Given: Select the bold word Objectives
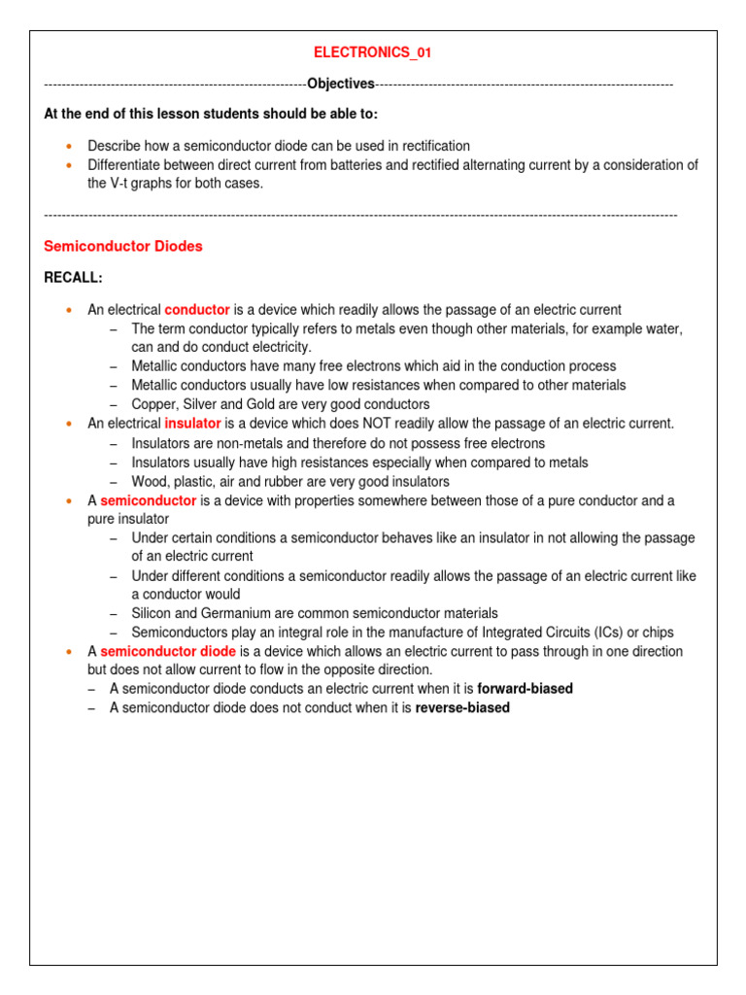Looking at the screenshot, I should point(340,85).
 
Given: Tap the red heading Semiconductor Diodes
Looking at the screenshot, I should point(123,247).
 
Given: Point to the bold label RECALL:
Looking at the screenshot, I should point(73,278).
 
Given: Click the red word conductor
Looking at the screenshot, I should point(197,310).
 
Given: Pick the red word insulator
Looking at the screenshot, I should point(192,424).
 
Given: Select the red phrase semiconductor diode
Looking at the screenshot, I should point(168,651).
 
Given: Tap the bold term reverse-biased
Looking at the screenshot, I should point(462,708).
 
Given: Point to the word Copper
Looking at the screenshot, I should point(153,404).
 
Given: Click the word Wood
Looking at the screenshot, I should point(150,481).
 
